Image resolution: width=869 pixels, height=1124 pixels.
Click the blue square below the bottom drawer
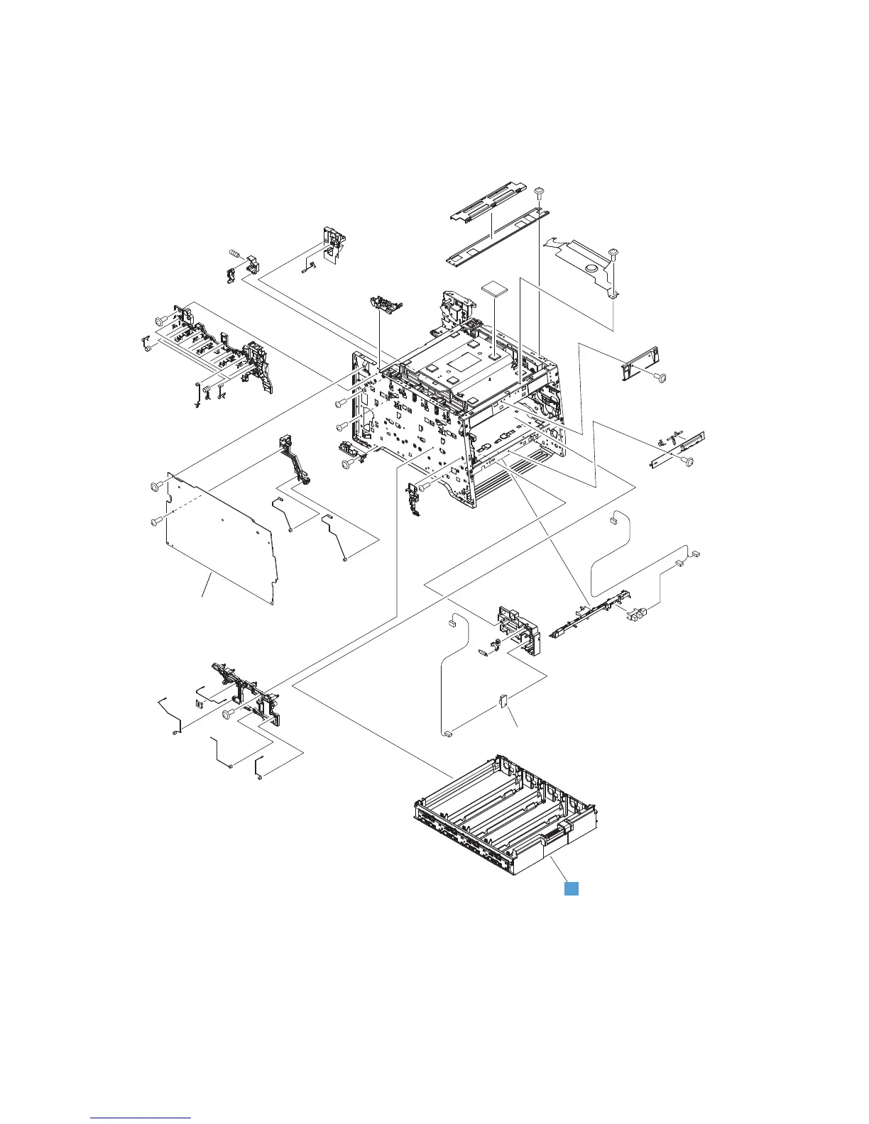[x=571, y=888]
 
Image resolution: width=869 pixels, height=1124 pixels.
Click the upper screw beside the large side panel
[x=153, y=486]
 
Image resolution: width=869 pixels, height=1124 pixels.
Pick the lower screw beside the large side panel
[x=154, y=522]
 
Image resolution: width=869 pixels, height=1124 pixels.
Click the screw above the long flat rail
[x=539, y=192]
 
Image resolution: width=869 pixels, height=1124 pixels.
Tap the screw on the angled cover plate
[x=614, y=252]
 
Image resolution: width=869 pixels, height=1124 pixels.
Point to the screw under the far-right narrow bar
[x=687, y=462]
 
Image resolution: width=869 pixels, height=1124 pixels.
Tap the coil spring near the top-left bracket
[x=235, y=254]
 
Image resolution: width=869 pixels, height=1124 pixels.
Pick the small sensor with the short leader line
[x=503, y=701]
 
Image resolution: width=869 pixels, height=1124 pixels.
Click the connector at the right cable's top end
[x=611, y=521]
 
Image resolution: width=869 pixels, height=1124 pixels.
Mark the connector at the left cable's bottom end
[x=448, y=734]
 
